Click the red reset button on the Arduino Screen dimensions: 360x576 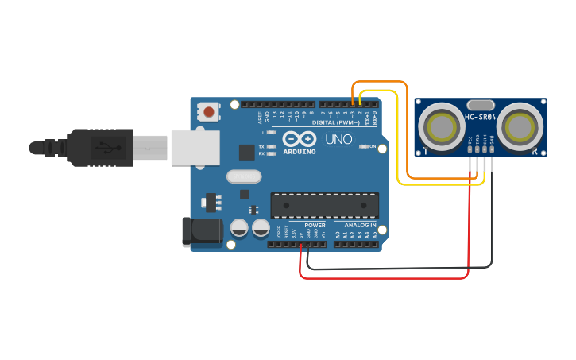[x=208, y=112]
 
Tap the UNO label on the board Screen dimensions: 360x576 [x=343, y=140]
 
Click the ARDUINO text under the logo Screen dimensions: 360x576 [x=300, y=151]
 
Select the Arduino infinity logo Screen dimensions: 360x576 [x=299, y=138]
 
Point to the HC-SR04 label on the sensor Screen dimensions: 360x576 [x=481, y=118]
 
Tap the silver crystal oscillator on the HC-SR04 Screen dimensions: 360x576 [x=481, y=104]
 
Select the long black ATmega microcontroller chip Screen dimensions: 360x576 [x=324, y=205]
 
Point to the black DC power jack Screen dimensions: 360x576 [x=202, y=230]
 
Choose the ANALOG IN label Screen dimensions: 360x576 [x=360, y=225]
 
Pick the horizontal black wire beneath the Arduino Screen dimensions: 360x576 [x=397, y=269]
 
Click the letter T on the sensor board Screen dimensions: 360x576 [x=426, y=151]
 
